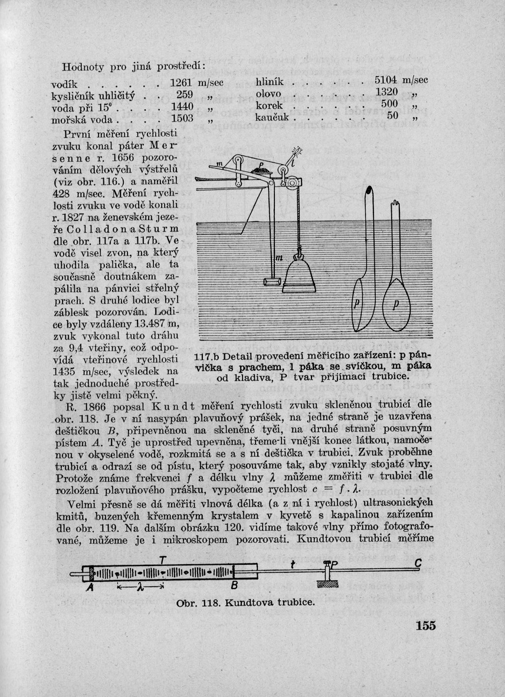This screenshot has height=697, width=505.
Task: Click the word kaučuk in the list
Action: [x=274, y=118]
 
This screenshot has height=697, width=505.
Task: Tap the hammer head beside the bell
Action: [x=271, y=283]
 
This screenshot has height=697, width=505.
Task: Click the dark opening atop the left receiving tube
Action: [x=369, y=191]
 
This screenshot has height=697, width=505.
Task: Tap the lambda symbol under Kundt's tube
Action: [x=140, y=587]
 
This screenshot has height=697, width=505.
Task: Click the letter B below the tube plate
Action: [x=234, y=586]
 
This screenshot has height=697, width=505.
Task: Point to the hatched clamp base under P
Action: [x=327, y=584]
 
